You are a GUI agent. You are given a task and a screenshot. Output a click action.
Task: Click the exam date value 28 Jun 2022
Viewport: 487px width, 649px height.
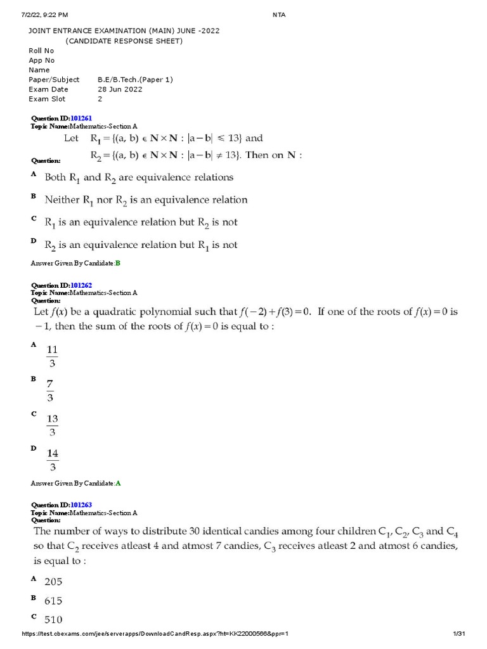click(x=120, y=89)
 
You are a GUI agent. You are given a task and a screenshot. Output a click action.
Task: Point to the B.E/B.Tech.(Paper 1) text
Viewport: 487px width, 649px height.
click(x=135, y=80)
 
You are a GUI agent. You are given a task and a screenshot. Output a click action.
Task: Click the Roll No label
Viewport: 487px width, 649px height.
click(x=41, y=51)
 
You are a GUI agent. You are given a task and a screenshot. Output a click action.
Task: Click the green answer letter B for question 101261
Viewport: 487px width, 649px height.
click(x=117, y=263)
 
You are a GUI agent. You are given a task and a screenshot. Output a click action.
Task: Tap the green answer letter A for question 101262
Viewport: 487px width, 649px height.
click(x=117, y=483)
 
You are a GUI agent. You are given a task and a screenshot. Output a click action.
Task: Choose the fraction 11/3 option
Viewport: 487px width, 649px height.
click(x=52, y=356)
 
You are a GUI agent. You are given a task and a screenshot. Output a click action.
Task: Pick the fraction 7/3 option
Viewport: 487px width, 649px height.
click(x=50, y=390)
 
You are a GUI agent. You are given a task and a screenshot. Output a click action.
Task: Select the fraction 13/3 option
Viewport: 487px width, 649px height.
click(x=52, y=425)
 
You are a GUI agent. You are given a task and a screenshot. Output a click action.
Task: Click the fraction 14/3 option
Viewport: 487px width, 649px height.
click(x=52, y=459)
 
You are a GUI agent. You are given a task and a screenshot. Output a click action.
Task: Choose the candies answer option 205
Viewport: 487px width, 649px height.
click(x=53, y=581)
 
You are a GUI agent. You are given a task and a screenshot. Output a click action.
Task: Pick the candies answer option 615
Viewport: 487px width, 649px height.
click(x=53, y=600)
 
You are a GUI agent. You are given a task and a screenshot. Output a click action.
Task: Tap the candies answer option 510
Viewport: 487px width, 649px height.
click(x=53, y=619)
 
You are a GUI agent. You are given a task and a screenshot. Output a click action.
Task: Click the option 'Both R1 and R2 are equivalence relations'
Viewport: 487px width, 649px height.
click(x=139, y=177)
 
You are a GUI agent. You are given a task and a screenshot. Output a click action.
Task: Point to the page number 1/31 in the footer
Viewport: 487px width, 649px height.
click(x=459, y=634)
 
